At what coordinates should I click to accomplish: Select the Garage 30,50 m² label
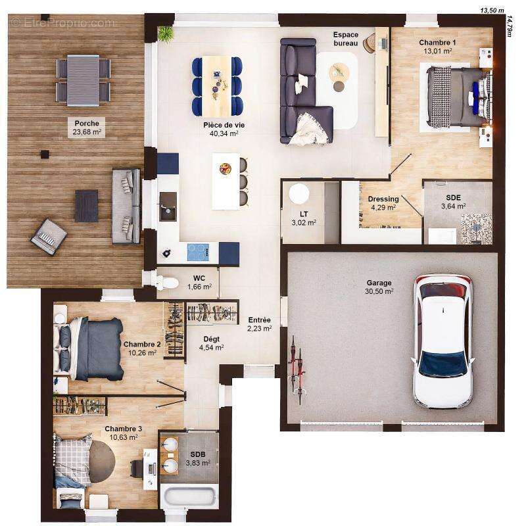(379, 287)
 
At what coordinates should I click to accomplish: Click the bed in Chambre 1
(458, 96)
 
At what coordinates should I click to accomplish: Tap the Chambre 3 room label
(123, 433)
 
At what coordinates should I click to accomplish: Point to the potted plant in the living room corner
(165, 33)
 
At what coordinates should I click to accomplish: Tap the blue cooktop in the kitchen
(198, 252)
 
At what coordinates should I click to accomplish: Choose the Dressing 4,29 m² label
(383, 203)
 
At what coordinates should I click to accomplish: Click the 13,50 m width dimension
(491, 11)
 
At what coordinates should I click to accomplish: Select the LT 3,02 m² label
(304, 218)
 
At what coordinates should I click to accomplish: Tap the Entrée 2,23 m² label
(259, 324)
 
